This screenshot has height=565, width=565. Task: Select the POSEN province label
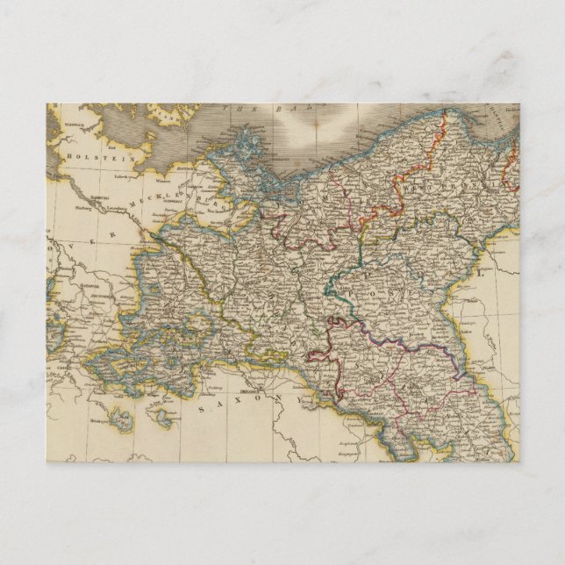pos(358,289)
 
